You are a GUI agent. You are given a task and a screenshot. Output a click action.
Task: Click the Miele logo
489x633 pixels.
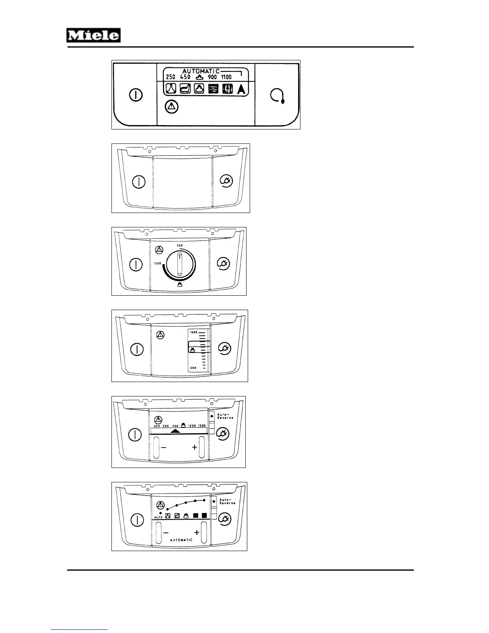(93, 36)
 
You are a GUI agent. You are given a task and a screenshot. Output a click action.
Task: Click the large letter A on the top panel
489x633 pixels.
(241, 89)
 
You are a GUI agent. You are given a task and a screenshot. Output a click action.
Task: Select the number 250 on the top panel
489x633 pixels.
(171, 77)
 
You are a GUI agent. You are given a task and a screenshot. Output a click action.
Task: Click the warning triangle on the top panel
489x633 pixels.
(172, 107)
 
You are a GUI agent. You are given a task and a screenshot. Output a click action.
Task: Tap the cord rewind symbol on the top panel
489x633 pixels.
(277, 96)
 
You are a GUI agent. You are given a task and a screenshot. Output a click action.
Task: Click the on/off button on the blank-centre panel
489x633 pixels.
(138, 181)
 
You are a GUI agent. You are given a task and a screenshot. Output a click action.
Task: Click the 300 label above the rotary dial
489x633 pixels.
(180, 245)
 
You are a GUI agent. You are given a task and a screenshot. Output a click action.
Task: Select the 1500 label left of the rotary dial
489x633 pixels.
(157, 263)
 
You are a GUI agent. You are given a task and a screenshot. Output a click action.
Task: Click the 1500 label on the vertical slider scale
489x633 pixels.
(193, 332)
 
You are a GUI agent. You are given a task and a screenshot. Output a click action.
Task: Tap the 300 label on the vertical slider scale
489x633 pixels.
(193, 368)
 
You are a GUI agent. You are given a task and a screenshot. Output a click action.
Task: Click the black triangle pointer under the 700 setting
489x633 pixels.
(175, 431)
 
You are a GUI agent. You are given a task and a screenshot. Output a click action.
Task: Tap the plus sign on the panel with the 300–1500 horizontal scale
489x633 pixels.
(195, 447)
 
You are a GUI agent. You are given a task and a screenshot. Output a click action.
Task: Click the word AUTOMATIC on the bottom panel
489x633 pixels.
(181, 540)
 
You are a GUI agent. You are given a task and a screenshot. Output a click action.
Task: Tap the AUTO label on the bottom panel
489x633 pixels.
(158, 518)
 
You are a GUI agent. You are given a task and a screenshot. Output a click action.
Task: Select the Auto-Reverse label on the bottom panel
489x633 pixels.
(227, 501)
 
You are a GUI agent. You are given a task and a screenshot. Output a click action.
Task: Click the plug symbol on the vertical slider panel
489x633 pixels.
(225, 348)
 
